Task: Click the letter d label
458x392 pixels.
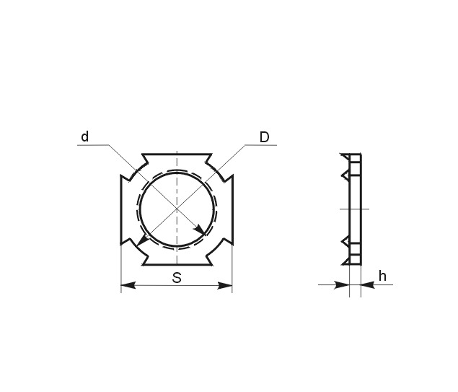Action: click(84, 137)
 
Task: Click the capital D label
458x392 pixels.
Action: click(265, 137)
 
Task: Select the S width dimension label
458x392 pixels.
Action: click(177, 277)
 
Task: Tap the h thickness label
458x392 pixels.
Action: click(382, 276)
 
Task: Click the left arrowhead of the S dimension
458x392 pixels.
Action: click(128, 285)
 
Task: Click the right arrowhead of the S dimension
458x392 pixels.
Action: click(225, 285)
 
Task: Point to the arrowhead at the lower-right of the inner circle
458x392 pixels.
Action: click(201, 230)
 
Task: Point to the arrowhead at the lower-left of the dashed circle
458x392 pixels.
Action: click(142, 240)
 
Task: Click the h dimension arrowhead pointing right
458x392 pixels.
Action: click(342, 284)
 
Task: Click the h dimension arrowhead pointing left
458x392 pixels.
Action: click(368, 284)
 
